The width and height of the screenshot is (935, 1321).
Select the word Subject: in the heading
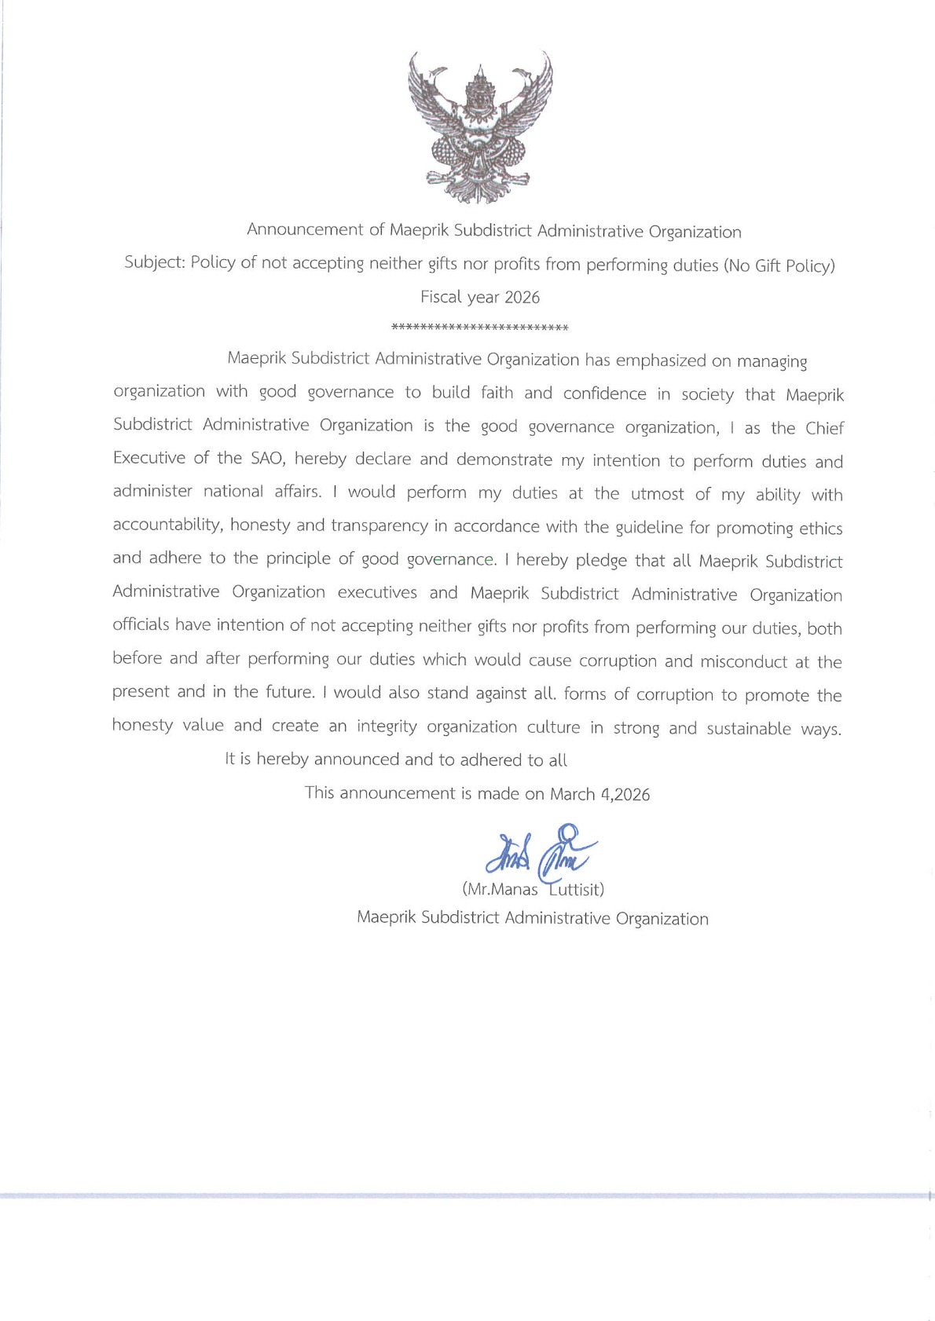[x=155, y=262]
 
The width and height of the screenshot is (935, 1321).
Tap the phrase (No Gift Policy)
[x=779, y=265]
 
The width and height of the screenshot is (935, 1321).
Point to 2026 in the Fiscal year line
[x=522, y=298]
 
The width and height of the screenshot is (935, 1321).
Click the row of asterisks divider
[x=479, y=328]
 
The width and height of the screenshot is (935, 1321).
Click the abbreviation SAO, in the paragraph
[x=268, y=458]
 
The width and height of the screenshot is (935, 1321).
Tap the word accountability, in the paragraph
[x=168, y=525]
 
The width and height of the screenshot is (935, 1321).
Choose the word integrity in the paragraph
[x=387, y=726]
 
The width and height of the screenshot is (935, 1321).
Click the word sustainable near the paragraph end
[x=749, y=729]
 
